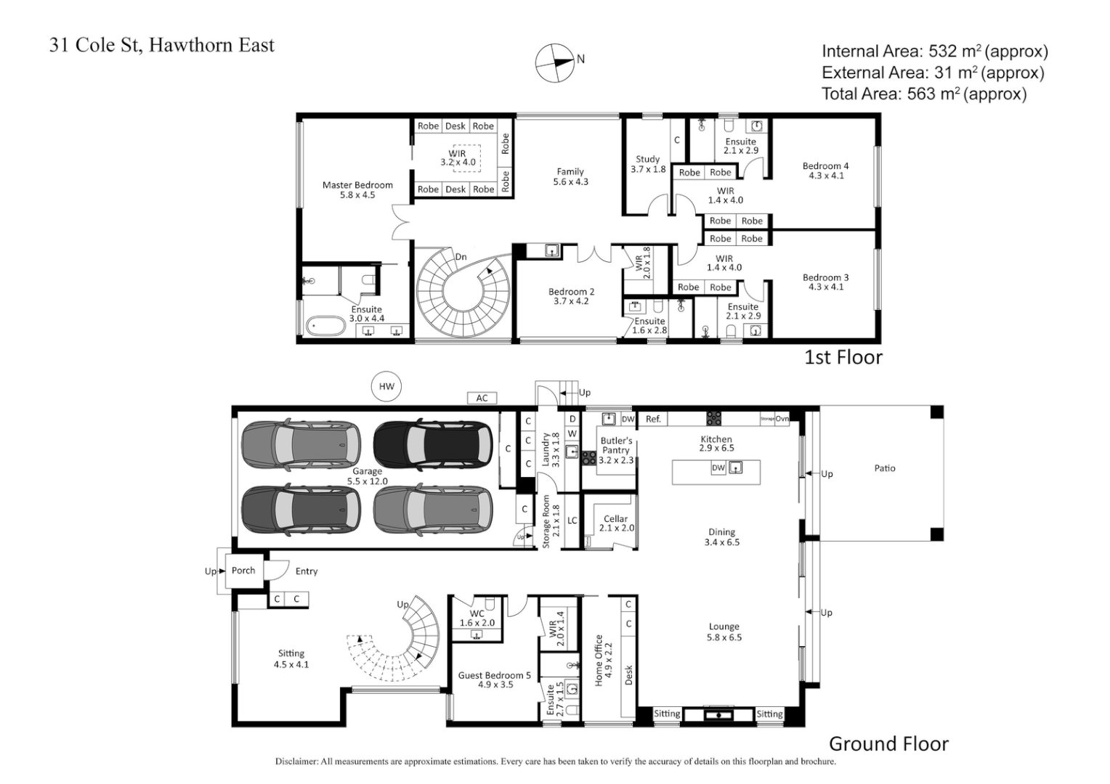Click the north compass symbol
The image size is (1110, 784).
[554, 62]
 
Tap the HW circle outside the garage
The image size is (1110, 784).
[386, 386]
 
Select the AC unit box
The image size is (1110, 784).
[482, 398]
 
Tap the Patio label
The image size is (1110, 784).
[885, 468]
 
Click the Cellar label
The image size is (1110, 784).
[615, 519]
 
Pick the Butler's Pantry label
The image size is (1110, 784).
[616, 445]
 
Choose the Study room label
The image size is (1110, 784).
[647, 159]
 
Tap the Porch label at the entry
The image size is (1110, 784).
[243, 571]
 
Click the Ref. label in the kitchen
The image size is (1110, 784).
[653, 419]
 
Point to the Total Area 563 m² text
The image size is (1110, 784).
[924, 94]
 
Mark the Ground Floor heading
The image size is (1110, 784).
[888, 744]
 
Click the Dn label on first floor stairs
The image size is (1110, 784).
[461, 257]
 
